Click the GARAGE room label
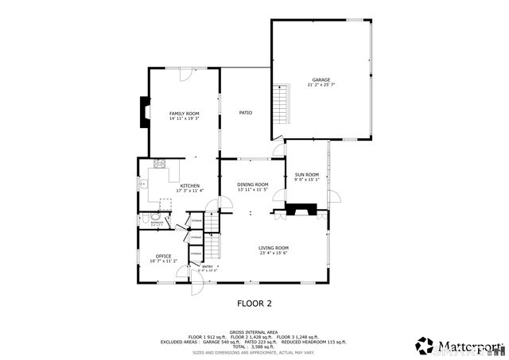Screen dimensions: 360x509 pyautogui.click(x=321, y=79)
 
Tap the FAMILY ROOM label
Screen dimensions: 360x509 pyautogui.click(x=184, y=114)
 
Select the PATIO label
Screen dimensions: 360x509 pyautogui.click(x=246, y=113)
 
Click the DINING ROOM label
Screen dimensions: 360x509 pyautogui.click(x=252, y=184)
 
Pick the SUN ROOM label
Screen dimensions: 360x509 pyautogui.click(x=306, y=175)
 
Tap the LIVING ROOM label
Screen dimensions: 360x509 pyautogui.click(x=273, y=248)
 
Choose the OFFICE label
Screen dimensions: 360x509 pyautogui.click(x=163, y=256)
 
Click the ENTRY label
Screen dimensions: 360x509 pyautogui.click(x=207, y=266)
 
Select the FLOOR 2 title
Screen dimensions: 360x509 pyautogui.click(x=254, y=303)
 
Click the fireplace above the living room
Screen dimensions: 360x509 pyautogui.click(x=300, y=210)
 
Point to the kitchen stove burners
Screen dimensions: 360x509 pyautogui.click(x=159, y=165)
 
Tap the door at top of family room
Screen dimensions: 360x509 pyautogui.click(x=185, y=74)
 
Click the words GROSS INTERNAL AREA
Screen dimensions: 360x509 pyautogui.click(x=254, y=332)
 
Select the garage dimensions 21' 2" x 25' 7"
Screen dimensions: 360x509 pyautogui.click(x=321, y=85)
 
